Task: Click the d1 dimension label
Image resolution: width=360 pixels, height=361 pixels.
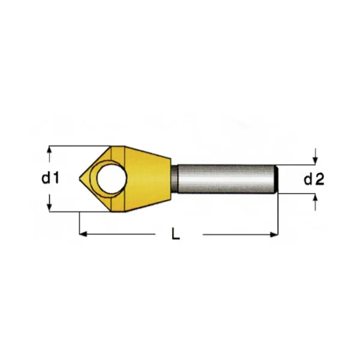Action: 50,178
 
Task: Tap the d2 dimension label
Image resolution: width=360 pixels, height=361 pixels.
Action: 314,180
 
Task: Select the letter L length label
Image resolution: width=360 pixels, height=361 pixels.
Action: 176,233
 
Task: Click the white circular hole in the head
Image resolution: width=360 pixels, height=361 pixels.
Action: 112,178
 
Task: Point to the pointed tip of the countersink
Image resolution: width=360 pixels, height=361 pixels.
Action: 80,178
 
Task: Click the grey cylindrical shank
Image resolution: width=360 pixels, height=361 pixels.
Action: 227,179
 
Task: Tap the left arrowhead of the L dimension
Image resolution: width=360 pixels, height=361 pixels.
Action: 83,234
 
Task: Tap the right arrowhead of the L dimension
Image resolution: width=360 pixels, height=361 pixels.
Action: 274,235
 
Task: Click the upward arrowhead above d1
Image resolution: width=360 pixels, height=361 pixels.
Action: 49,150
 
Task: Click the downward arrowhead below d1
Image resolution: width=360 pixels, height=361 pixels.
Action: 49,207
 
